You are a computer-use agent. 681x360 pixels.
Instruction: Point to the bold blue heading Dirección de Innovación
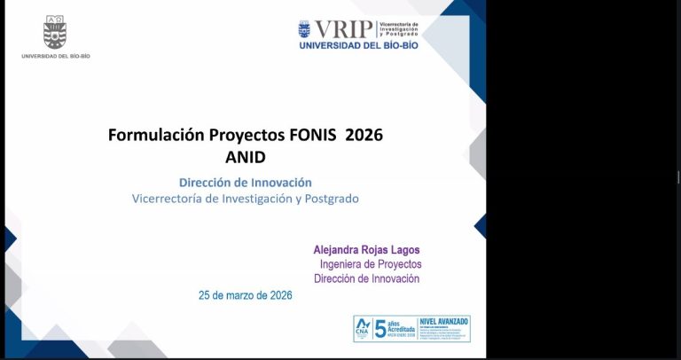[245, 182]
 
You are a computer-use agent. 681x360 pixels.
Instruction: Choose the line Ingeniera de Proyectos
[370, 264]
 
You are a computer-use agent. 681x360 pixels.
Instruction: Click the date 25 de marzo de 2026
[245, 295]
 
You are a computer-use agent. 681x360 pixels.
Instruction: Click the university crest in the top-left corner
[55, 34]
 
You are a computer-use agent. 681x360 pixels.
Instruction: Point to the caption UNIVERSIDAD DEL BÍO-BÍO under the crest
[55, 56]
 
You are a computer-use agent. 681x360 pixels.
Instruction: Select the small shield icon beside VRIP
[304, 29]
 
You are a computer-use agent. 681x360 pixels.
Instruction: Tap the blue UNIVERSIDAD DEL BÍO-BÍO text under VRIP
[358, 45]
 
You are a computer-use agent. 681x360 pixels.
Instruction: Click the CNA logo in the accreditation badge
[363, 327]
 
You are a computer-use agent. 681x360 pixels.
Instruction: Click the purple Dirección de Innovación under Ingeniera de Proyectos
[366, 278]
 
